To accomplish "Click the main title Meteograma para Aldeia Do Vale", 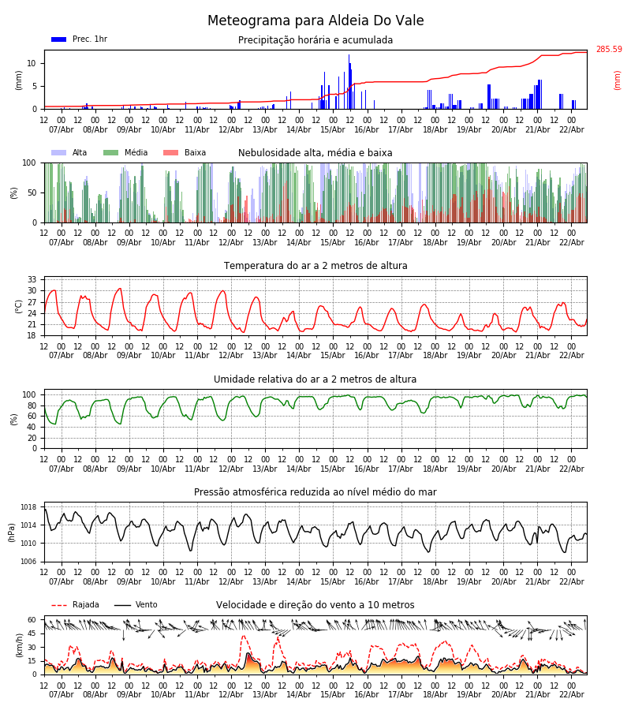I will pyautogui.click(x=315, y=21).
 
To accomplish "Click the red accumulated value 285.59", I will pyautogui.click(x=608, y=50).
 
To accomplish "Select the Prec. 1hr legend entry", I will pyautogui.click(x=80, y=39).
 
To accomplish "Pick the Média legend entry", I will pyautogui.click(x=125, y=153).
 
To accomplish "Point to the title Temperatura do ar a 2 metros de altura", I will pyautogui.click(x=315, y=266).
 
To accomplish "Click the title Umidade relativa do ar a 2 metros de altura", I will pyautogui.click(x=315, y=379).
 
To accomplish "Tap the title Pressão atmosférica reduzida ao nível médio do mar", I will pyautogui.click(x=315, y=492).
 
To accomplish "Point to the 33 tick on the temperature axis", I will pyautogui.click(x=32, y=280).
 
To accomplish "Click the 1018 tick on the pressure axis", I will pyautogui.click(x=28, y=507).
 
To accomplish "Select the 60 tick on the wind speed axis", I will pyautogui.click(x=32, y=620).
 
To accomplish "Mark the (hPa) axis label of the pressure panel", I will pyautogui.click(x=13, y=532).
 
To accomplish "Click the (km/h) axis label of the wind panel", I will pyautogui.click(x=19, y=645).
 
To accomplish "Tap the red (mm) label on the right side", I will pyautogui.click(x=618, y=80).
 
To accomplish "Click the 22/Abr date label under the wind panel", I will pyautogui.click(x=572, y=694).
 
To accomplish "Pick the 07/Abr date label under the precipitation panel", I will pyautogui.click(x=62, y=129).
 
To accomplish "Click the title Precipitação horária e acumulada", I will pyautogui.click(x=315, y=40).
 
